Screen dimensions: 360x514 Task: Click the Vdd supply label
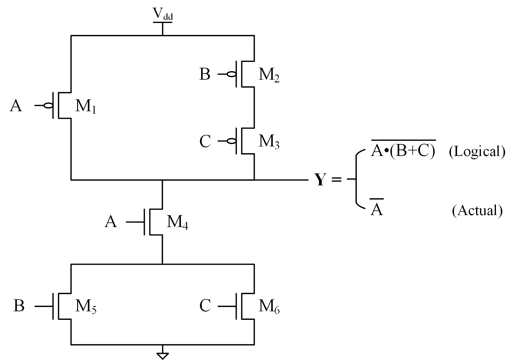click(163, 14)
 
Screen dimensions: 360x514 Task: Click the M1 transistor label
click(85, 107)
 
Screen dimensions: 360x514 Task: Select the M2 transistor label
click(269, 75)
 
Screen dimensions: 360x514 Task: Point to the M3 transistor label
click(269, 142)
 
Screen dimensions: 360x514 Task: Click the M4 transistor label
click(177, 223)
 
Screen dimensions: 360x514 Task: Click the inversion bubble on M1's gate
click(48, 106)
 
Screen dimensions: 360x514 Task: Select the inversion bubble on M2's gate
click(232, 74)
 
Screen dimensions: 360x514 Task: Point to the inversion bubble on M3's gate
click(232, 141)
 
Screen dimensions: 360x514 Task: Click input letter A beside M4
click(111, 222)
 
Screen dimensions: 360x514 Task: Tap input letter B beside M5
click(19, 306)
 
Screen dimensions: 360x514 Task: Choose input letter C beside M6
click(205, 306)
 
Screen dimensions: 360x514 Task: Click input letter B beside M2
click(204, 74)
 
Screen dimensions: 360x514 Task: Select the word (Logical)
click(477, 152)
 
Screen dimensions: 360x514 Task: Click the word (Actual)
click(477, 210)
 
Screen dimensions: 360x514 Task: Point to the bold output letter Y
click(320, 180)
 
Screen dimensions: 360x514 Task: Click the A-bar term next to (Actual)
click(377, 210)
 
